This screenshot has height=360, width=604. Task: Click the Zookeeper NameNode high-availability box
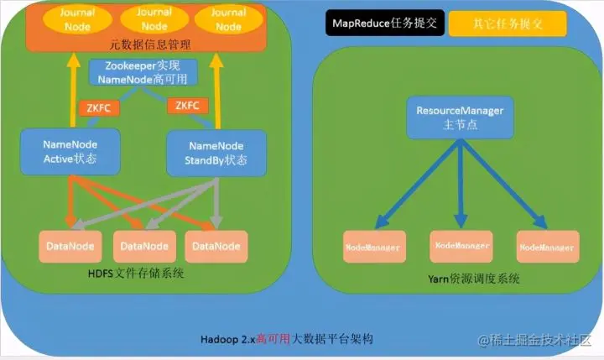(143, 72)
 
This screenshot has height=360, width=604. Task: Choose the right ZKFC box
(185, 107)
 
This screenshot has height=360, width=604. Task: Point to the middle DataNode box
(143, 246)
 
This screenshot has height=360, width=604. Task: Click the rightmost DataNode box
(216, 246)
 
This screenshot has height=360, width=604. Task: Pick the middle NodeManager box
(461, 245)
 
